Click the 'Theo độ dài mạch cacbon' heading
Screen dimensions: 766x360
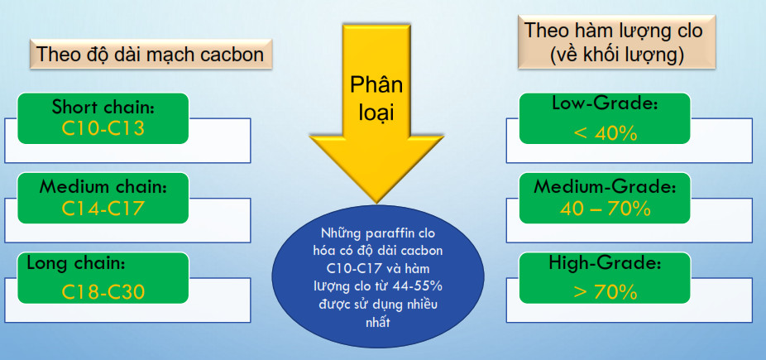pos(151,54)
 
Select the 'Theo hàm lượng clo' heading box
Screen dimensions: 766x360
pos(617,42)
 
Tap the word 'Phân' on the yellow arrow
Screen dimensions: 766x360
pos(376,85)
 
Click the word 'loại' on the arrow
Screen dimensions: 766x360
pos(376,113)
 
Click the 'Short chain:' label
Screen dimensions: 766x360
pos(103,107)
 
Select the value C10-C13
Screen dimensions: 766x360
pos(103,128)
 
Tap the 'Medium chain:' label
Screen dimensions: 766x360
pos(103,186)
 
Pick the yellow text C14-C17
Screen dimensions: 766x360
pos(103,209)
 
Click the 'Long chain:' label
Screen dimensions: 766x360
pos(76,264)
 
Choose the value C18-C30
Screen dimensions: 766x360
pos(103,292)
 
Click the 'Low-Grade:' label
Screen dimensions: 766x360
pos(605,103)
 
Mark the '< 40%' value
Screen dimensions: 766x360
pos(606,133)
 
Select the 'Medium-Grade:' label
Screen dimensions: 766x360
pos(605,187)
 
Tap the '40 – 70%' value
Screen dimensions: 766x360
pos(605,209)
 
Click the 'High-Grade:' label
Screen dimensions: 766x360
pos(605,264)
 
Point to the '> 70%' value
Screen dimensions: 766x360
pos(606,292)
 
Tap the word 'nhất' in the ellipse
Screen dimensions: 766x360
pos(378,323)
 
